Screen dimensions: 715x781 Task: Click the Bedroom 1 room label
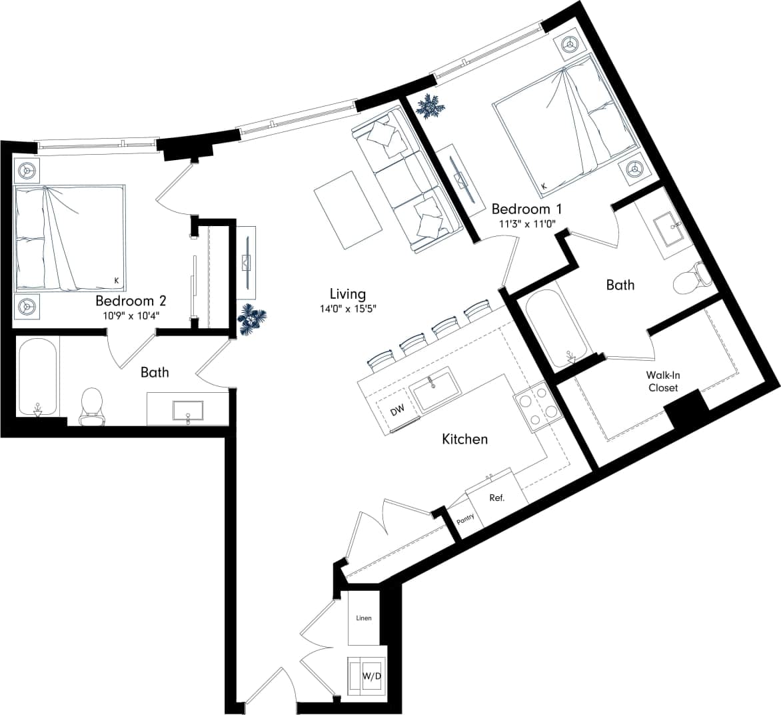pyautogui.click(x=524, y=208)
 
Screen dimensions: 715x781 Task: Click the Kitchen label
pyautogui.click(x=464, y=439)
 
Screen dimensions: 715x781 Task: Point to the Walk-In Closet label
pyautogui.click(x=662, y=382)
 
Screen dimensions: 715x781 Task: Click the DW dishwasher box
pyautogui.click(x=397, y=412)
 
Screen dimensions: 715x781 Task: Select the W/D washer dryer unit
pyautogui.click(x=371, y=676)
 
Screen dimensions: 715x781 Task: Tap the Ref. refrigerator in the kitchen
pyautogui.click(x=496, y=498)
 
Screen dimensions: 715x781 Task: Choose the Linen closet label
pyautogui.click(x=364, y=618)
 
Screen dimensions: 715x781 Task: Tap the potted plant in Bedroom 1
pyautogui.click(x=430, y=106)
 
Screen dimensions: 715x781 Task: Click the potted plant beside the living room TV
pyautogui.click(x=253, y=319)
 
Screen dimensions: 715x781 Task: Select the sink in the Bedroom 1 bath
pyautogui.click(x=666, y=228)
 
